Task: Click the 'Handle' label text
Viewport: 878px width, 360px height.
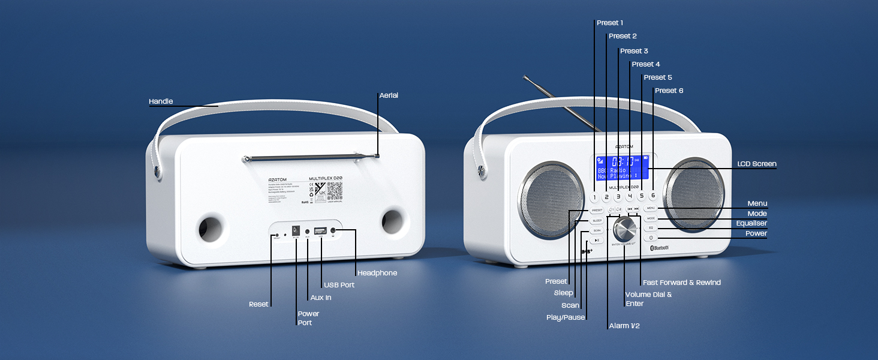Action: (x=160, y=102)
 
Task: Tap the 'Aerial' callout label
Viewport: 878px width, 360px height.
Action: (x=389, y=95)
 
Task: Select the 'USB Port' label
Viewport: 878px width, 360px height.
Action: (x=339, y=285)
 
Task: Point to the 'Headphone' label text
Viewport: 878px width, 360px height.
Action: (x=377, y=273)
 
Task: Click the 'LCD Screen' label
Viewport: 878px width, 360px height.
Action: (x=756, y=164)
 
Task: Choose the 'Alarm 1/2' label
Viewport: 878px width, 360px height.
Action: (x=625, y=326)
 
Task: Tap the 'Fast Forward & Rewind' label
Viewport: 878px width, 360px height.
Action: (x=681, y=283)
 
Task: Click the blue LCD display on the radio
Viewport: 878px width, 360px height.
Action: (x=623, y=167)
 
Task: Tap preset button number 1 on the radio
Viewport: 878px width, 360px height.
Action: (x=594, y=196)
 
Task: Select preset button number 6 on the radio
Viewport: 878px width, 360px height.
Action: (x=653, y=195)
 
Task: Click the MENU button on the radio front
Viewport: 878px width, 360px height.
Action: (x=651, y=208)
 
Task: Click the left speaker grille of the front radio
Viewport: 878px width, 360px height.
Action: (x=549, y=191)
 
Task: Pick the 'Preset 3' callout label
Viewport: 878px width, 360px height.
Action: (x=634, y=51)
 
